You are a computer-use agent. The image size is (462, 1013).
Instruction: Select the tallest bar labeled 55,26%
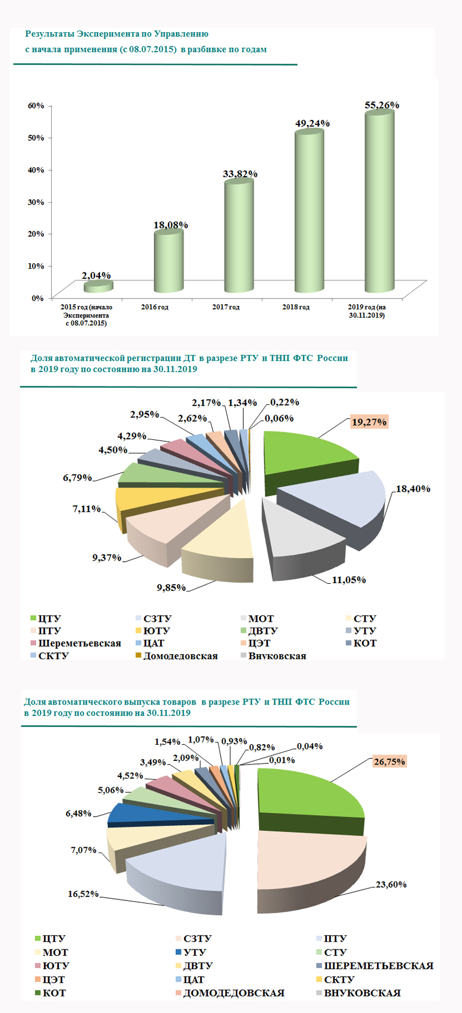(379, 203)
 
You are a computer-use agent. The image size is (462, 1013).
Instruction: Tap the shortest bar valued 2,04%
(98, 286)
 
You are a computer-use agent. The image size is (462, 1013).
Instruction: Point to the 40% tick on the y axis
(36, 170)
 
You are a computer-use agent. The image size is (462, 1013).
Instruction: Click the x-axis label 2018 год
(296, 307)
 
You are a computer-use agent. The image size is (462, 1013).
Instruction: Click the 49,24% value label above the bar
(312, 123)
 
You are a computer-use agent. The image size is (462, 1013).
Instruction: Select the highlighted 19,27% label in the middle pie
(369, 422)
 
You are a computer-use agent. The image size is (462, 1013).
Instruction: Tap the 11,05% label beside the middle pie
(349, 580)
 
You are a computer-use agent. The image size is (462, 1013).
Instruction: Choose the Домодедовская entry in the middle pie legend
(180, 656)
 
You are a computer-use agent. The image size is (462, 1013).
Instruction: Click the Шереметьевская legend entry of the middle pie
(79, 644)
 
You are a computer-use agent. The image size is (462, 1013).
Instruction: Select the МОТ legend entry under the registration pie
(261, 619)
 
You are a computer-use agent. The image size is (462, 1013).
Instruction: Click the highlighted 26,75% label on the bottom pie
(389, 762)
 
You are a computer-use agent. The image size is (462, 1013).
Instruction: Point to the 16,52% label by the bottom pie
(83, 894)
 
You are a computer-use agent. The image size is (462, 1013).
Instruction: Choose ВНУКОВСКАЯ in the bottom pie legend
(362, 993)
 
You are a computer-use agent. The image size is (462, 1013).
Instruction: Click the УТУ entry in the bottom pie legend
(194, 952)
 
